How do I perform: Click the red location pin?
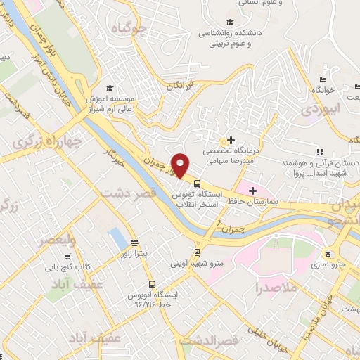pyautogui.click(x=181, y=165)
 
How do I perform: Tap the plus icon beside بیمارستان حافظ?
pyautogui.click(x=252, y=190)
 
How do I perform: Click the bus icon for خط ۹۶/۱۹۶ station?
pyautogui.click(x=153, y=285)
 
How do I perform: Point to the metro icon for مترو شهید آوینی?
pyautogui.click(x=198, y=252)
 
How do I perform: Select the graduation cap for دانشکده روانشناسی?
pyautogui.click(x=230, y=22)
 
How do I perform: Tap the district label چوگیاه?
pyautogui.click(x=129, y=28)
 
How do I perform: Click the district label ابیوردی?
pyautogui.click(x=321, y=110)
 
